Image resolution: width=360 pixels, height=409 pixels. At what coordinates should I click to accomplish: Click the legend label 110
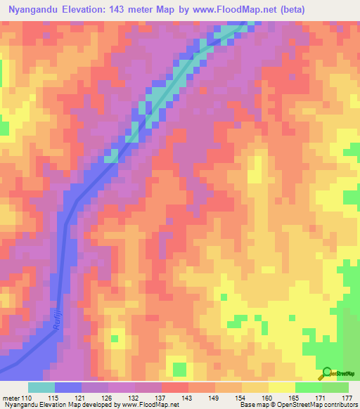coord(27,398)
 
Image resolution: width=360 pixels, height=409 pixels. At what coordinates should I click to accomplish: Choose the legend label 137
coord(162,398)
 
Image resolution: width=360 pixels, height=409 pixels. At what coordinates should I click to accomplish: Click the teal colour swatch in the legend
coord(41,387)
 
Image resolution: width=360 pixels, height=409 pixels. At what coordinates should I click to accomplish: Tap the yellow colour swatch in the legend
coord(281,387)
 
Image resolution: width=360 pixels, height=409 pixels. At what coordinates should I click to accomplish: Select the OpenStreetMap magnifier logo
coord(326,373)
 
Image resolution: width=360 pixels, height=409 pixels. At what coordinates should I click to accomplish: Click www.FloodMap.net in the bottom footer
coord(146,405)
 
